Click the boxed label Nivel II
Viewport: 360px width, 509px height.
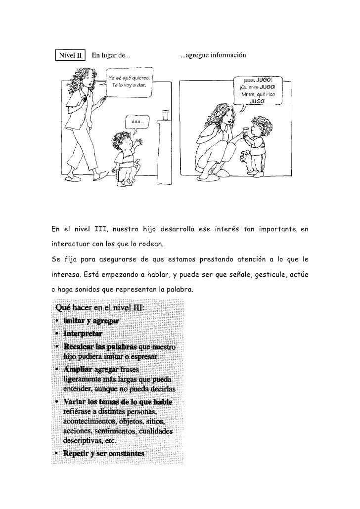71,55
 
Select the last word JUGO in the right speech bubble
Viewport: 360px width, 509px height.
257,101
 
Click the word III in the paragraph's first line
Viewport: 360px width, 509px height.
101,228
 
